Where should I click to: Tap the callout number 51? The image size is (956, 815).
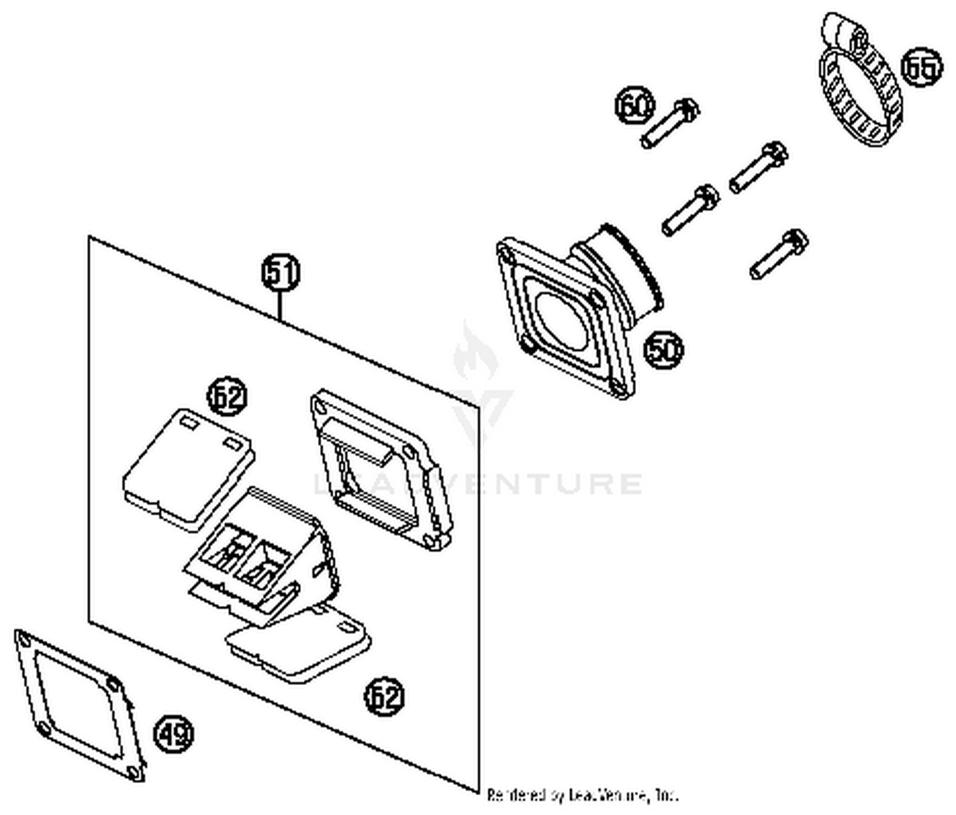coord(281,273)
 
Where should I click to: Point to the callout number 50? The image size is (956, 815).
coord(663,349)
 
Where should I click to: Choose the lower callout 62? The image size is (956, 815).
coord(384,696)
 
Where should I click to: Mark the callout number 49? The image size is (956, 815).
coord(174,735)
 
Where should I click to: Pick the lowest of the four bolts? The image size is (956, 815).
coord(779,254)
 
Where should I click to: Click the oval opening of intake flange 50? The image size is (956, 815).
coord(561,319)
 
